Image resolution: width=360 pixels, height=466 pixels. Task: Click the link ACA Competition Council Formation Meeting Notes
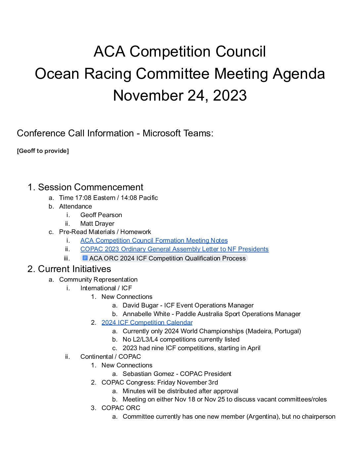pos(154,241)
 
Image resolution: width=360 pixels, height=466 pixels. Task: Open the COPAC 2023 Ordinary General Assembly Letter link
pos(174,249)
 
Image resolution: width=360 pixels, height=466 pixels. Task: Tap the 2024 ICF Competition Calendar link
pos(147,323)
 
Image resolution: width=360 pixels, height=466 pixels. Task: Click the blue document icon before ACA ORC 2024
pos(85,258)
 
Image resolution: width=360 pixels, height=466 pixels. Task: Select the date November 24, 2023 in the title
pos(180,96)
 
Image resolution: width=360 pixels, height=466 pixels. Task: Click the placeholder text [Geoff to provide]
pos(43,151)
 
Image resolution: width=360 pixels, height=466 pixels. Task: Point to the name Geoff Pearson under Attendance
pos(101,215)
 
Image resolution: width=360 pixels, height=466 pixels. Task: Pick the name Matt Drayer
pos(97,224)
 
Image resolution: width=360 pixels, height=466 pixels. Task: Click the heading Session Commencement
pos(91,187)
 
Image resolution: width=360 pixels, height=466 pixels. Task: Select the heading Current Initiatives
pos(74,269)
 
